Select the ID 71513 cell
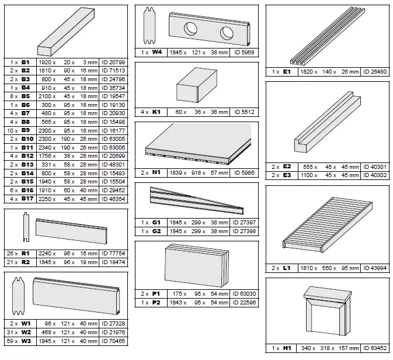114,69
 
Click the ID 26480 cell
374,72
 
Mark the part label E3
287,175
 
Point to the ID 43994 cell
374,268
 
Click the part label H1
287,349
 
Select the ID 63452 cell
374,349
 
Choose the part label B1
26,61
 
